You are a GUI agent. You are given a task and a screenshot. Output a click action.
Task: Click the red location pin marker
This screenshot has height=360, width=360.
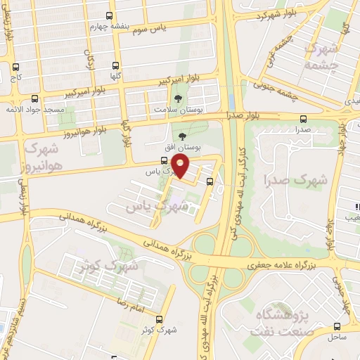point(181,166)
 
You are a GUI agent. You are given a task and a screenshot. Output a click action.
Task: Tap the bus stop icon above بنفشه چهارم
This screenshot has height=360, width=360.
point(110,15)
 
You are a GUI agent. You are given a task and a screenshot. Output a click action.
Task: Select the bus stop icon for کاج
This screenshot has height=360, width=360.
point(15,67)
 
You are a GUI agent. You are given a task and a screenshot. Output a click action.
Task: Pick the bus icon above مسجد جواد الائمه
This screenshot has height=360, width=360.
point(34,98)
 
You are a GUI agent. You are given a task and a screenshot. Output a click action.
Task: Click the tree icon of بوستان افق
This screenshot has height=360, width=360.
point(183,136)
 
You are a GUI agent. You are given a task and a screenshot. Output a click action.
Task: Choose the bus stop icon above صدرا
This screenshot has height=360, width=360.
point(303,119)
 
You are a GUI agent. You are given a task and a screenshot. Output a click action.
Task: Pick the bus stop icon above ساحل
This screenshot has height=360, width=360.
point(337,326)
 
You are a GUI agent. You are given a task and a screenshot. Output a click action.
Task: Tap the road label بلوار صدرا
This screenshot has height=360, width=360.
point(245,115)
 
